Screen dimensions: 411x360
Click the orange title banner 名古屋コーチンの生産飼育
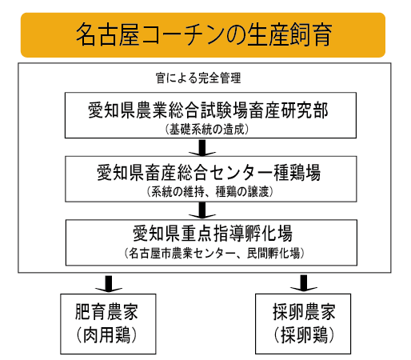pos(203,35)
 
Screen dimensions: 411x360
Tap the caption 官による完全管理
pos(198,78)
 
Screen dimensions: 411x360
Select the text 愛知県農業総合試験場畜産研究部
pos(208,110)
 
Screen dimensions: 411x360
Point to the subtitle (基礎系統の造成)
pos(207,130)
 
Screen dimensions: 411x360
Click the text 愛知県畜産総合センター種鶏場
pos(209,173)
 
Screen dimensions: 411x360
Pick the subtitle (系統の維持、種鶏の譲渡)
pos(210,191)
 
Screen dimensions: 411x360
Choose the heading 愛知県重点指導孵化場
pos(213,234)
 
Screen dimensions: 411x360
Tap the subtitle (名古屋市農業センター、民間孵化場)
pos(214,253)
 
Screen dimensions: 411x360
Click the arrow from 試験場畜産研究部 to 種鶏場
pos(202,147)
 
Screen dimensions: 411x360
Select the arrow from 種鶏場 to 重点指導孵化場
pos(202,210)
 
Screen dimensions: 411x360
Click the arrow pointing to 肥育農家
pos(109,284)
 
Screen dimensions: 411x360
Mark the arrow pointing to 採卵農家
pos(304,283)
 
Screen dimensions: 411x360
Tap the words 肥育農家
pos(106,311)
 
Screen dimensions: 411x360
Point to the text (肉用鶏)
pos(106,334)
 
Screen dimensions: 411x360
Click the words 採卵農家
pos(304,311)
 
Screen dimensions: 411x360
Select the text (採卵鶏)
pos(304,334)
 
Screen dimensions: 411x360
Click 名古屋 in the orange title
pos(107,34)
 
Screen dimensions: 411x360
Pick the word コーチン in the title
pos(182,34)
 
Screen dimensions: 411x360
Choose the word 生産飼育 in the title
pos(289,34)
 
